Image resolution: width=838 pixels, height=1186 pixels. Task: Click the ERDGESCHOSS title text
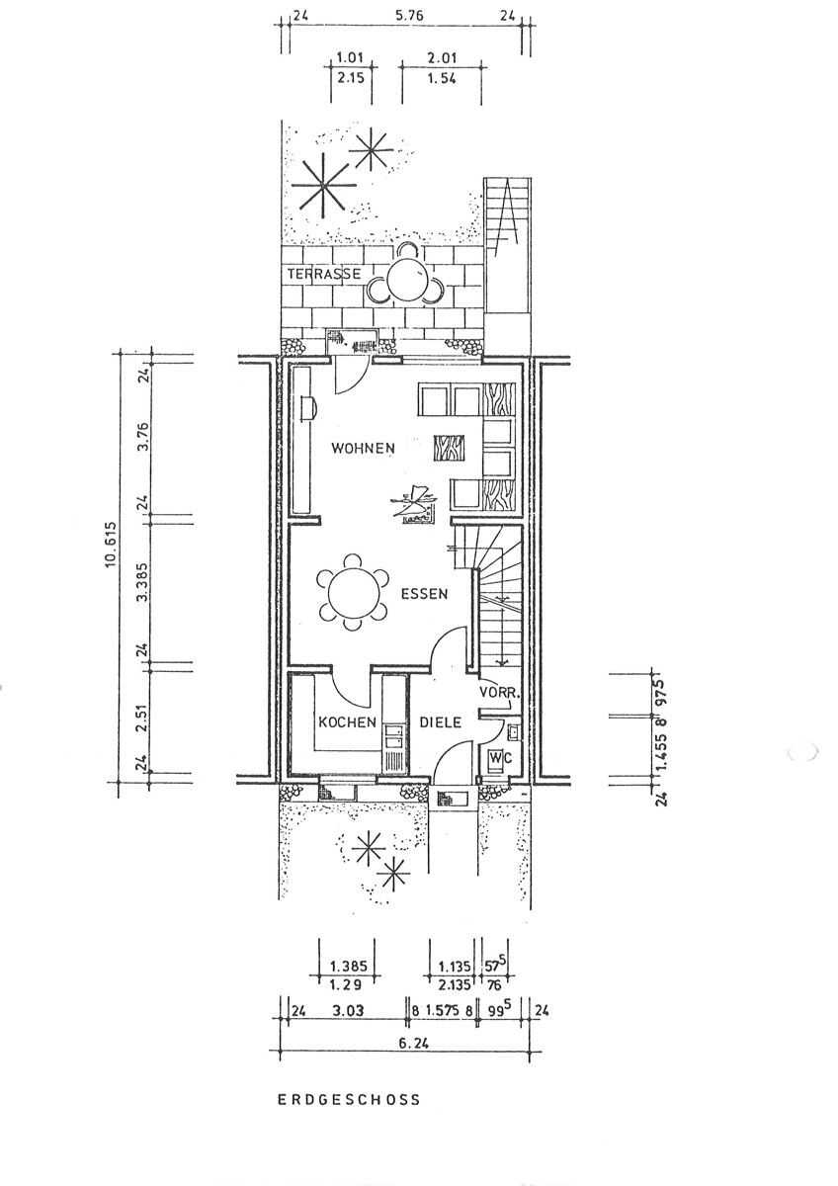click(349, 1099)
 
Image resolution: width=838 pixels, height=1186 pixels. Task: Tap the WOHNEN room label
click(363, 448)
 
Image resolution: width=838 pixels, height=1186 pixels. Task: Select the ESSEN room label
click(424, 595)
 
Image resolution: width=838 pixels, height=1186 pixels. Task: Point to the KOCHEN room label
click(346, 722)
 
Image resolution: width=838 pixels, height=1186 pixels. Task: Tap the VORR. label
click(499, 693)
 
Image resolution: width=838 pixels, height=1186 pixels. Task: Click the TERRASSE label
click(324, 273)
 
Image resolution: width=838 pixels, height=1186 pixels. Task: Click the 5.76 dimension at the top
click(403, 17)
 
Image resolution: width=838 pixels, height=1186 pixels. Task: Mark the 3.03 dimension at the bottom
click(347, 1011)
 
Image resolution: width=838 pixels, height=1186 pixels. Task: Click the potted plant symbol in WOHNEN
click(413, 505)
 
